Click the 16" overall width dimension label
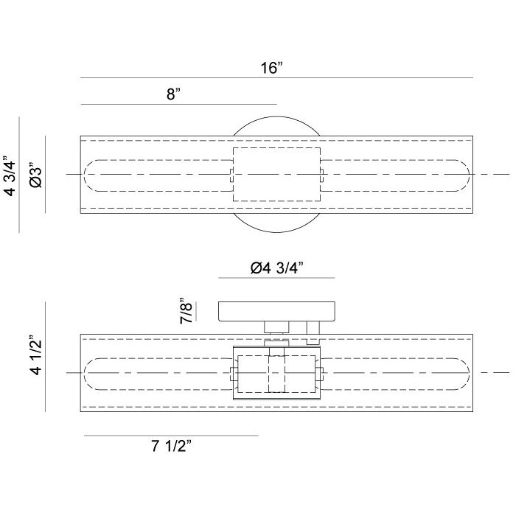click(x=271, y=68)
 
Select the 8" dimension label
click(x=173, y=94)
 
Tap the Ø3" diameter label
click(x=35, y=175)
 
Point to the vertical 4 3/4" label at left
click(x=10, y=178)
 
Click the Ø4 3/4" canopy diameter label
click(x=277, y=268)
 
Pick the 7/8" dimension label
click(x=186, y=311)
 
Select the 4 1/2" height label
click(x=35, y=355)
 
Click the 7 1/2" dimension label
click(x=171, y=446)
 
